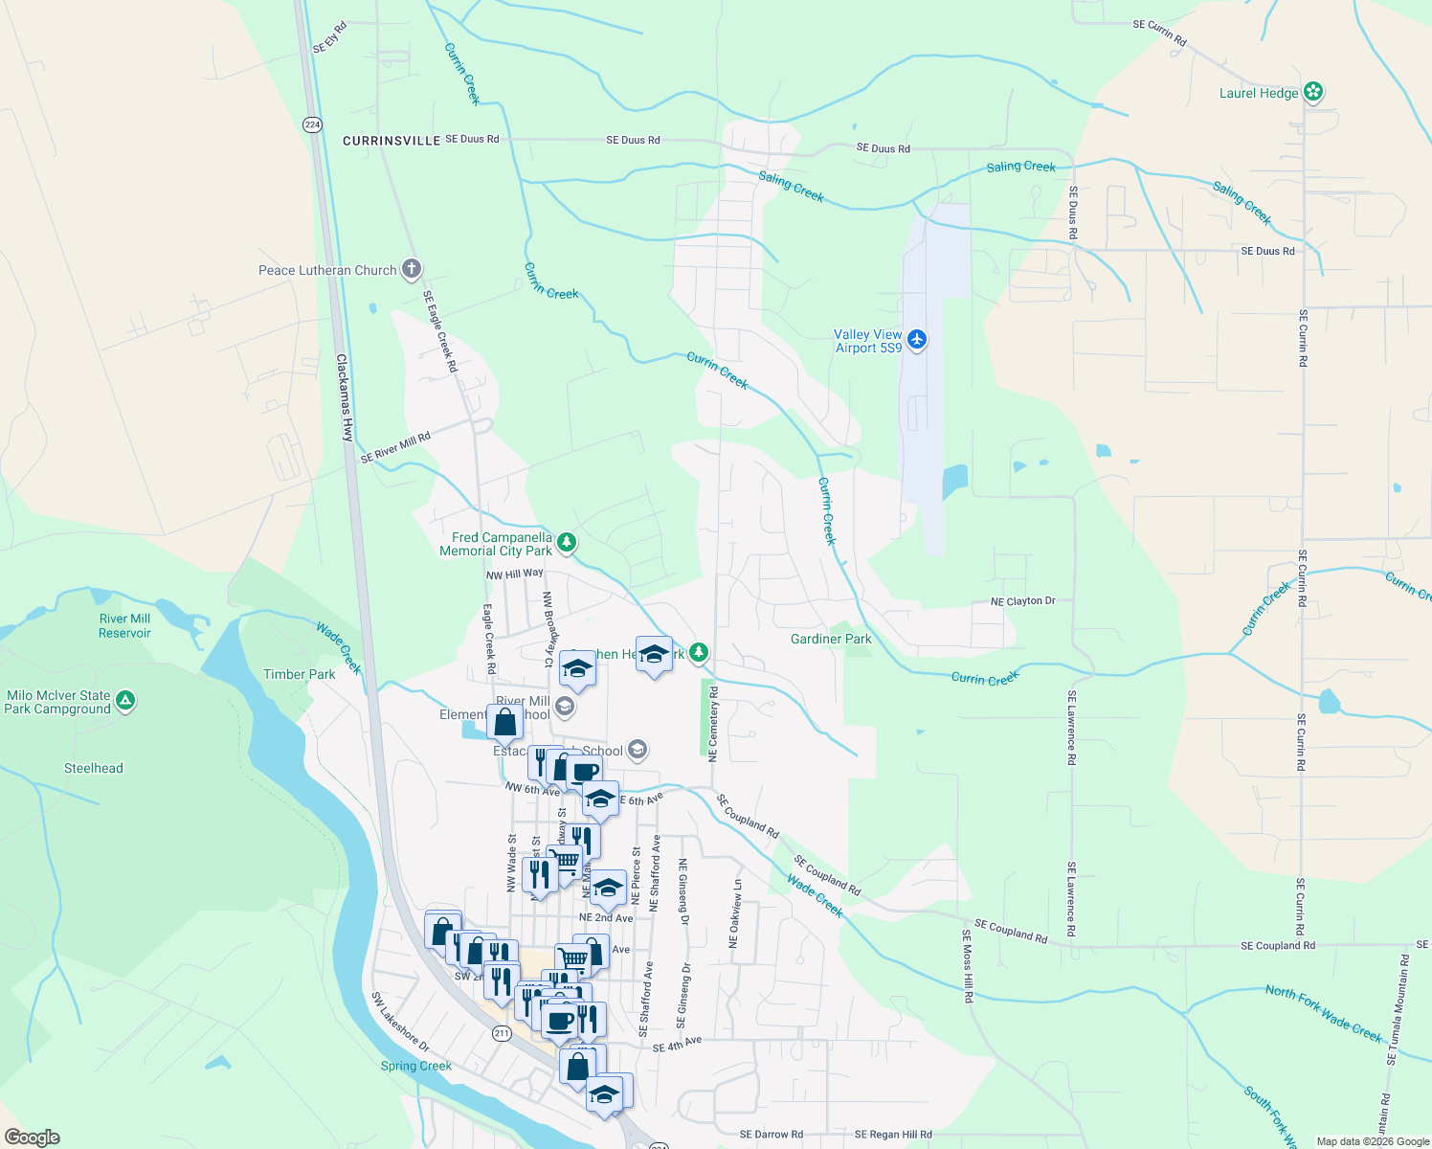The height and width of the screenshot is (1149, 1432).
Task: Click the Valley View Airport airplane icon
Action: [917, 340]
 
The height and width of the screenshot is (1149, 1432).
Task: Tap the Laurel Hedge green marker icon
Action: [1313, 92]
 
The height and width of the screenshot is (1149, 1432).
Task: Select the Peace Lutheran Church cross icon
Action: [411, 269]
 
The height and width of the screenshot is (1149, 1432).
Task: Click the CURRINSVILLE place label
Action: [392, 141]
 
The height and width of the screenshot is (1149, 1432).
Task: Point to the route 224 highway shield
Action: [312, 124]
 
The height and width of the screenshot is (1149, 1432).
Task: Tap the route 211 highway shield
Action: [502, 1033]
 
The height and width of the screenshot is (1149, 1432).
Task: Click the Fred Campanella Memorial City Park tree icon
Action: [567, 544]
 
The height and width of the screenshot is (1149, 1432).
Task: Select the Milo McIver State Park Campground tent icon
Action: [124, 702]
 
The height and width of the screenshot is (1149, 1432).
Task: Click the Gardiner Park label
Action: [831, 639]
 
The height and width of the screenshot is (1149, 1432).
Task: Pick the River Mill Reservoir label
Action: [124, 625]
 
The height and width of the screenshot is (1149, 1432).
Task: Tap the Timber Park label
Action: [300, 674]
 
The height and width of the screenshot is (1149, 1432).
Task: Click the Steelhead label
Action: [94, 768]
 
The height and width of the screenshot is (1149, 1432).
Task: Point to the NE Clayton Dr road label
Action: [1022, 601]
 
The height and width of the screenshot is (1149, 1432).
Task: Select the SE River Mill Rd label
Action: [395, 448]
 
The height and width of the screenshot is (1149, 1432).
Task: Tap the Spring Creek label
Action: [416, 1066]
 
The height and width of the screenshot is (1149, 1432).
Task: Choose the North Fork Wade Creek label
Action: [1324, 1014]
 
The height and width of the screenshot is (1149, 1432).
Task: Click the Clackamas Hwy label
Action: [346, 397]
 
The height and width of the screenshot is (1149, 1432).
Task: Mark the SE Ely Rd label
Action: [329, 37]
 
